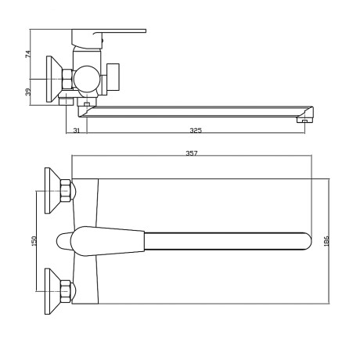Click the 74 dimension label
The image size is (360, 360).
28,54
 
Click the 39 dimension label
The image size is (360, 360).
28,92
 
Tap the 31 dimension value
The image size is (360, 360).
77,131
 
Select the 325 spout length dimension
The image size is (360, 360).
196,131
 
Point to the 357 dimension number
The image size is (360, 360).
192,153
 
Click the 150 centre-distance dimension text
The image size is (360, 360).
34,241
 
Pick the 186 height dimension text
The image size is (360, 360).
327,241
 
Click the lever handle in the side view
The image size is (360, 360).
120,31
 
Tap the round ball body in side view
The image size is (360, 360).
86,79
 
